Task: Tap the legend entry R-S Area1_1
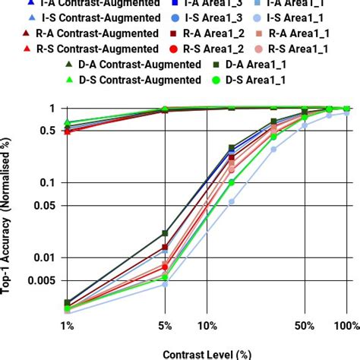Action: pyautogui.click(x=297, y=49)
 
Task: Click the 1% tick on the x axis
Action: pyautogui.click(x=67, y=326)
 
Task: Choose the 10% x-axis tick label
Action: pyautogui.click(x=206, y=326)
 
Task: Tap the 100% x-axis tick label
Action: pyautogui.click(x=346, y=326)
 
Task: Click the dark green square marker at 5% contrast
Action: pyautogui.click(x=164, y=233)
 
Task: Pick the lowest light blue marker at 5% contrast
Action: pyautogui.click(x=164, y=284)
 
